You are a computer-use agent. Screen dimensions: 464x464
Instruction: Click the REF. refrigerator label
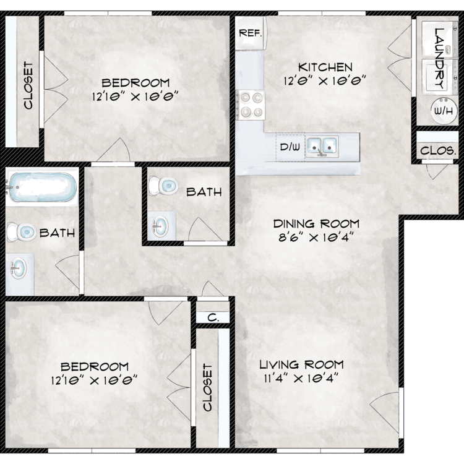click(x=251, y=33)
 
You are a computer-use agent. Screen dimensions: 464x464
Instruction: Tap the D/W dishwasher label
click(x=290, y=147)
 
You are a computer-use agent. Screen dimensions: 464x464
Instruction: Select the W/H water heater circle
click(x=444, y=111)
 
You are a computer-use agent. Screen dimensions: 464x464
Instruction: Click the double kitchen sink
click(x=322, y=146)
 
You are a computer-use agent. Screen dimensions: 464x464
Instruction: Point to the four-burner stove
click(x=251, y=105)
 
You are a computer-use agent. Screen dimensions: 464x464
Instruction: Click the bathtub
click(x=41, y=187)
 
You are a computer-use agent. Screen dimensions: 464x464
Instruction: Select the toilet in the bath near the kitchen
click(x=163, y=186)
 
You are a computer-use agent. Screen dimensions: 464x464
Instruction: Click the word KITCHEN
click(x=325, y=67)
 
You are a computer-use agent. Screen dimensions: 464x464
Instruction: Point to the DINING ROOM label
click(x=316, y=224)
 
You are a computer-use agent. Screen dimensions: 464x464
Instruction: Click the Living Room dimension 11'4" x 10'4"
click(x=301, y=378)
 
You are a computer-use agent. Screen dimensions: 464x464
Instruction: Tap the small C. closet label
click(x=213, y=318)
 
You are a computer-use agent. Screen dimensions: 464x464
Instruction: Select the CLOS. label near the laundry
click(x=438, y=150)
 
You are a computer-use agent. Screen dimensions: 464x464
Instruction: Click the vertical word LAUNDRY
click(x=440, y=58)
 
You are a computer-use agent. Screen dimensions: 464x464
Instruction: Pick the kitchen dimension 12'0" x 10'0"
click(x=325, y=81)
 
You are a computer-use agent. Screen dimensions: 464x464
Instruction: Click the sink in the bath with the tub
click(x=19, y=269)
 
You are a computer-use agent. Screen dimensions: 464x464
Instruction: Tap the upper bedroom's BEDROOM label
click(x=135, y=82)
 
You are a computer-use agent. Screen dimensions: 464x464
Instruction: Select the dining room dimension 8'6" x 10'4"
click(x=316, y=238)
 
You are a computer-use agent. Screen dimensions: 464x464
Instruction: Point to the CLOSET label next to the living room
click(x=208, y=387)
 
